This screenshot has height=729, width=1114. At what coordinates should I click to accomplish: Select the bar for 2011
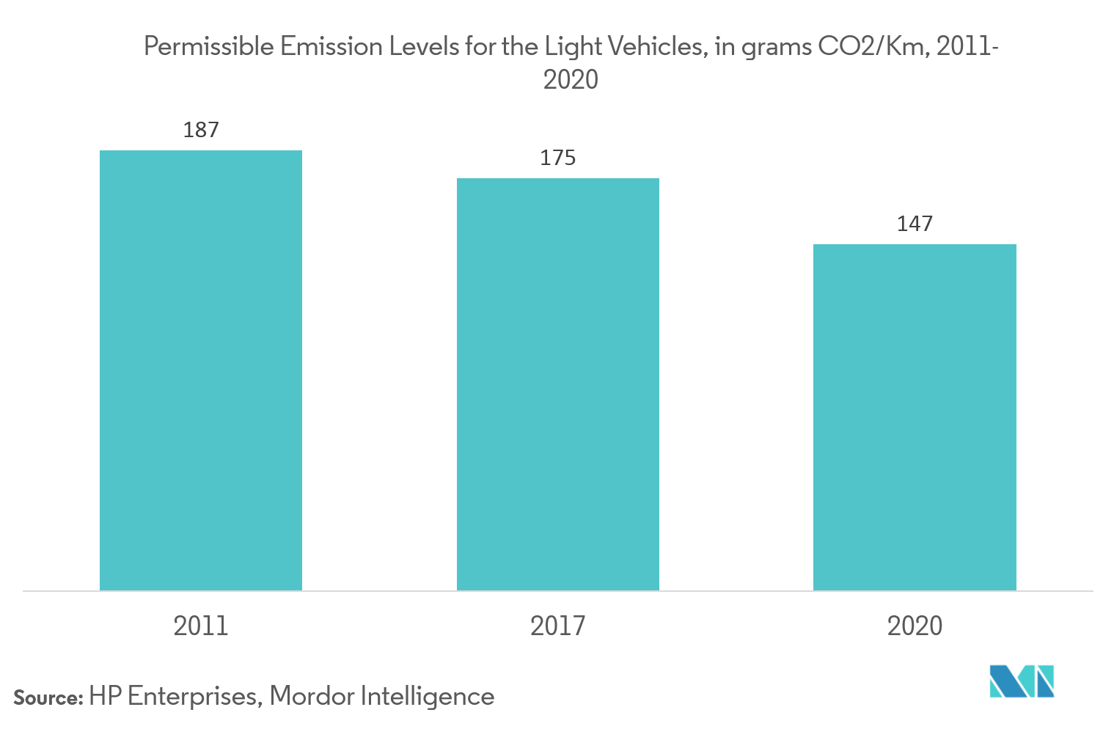[201, 370]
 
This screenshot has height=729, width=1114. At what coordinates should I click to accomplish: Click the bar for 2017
[558, 384]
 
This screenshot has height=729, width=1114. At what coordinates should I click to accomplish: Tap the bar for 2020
[915, 417]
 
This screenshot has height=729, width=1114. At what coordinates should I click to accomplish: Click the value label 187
[201, 130]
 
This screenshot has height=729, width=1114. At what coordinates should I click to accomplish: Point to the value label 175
[558, 158]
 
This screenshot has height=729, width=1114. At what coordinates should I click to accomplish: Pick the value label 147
[915, 224]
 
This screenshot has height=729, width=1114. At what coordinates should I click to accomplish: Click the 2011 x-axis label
[201, 626]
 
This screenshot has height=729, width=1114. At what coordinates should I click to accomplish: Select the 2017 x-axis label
[558, 626]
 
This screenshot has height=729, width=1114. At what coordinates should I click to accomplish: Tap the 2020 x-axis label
[915, 626]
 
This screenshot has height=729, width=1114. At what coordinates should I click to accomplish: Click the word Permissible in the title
[208, 47]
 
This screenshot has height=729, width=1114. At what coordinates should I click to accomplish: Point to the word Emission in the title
[331, 47]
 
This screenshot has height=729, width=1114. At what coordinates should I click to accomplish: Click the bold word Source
[48, 697]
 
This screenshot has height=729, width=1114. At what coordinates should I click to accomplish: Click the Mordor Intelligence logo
[1022, 681]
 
